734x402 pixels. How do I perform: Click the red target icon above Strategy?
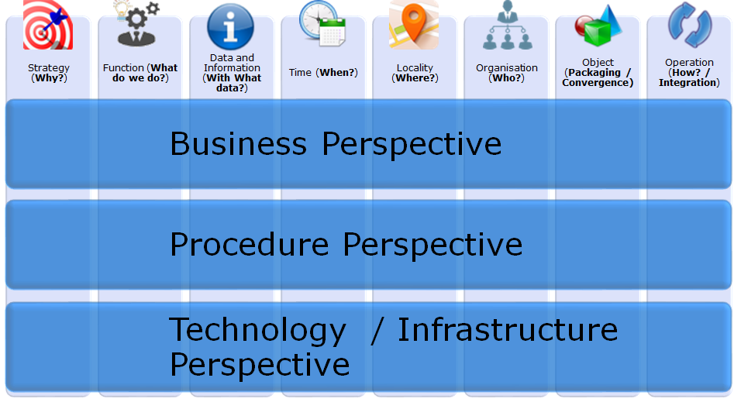(x=48, y=24)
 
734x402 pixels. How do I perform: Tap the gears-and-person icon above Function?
(x=136, y=24)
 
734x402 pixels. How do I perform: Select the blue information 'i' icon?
(x=230, y=26)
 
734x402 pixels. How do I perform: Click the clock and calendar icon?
(x=322, y=24)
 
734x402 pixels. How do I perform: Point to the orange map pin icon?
(x=414, y=24)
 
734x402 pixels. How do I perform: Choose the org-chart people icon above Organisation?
(x=508, y=26)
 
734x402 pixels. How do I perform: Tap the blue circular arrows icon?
(x=690, y=25)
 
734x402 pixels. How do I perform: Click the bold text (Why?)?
(x=49, y=78)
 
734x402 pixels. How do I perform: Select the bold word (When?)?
(x=336, y=73)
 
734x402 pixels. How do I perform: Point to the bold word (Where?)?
(x=415, y=78)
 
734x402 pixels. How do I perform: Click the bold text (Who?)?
(x=506, y=78)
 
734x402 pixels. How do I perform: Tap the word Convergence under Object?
(x=598, y=83)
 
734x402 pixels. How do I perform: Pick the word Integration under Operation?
(x=689, y=83)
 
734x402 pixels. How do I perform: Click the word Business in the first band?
(x=238, y=143)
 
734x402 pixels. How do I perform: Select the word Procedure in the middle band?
(x=249, y=244)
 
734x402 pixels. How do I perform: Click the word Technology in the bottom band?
(x=257, y=330)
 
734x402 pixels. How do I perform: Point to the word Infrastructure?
(x=508, y=329)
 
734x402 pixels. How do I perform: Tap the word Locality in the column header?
(x=415, y=68)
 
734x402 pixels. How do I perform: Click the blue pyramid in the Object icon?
(x=612, y=19)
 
